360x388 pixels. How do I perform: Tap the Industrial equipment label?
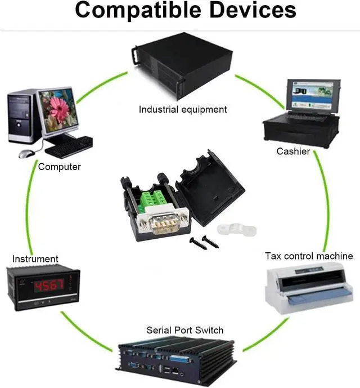coord(183,109)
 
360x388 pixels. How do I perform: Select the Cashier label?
coord(293,151)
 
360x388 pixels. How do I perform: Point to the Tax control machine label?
coord(309,256)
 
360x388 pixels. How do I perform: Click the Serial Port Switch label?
coord(184,330)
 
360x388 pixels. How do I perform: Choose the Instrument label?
coord(35,259)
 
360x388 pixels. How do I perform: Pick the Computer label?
coord(60,167)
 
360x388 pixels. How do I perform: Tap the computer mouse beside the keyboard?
coord(26,153)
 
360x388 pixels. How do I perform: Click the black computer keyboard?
coord(68,147)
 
